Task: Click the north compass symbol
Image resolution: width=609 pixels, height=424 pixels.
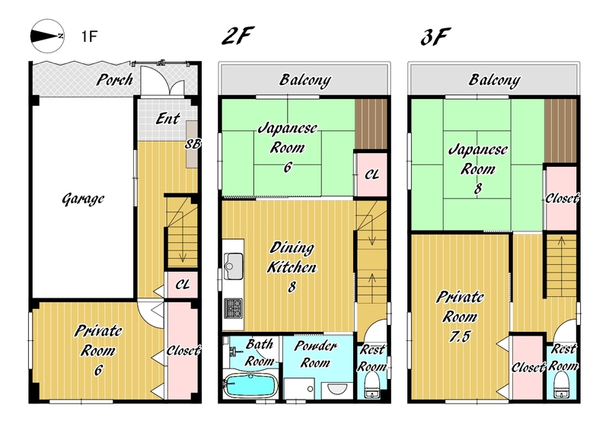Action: click(47, 36)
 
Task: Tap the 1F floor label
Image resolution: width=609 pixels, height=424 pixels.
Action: click(89, 36)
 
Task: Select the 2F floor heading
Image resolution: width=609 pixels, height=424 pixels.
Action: click(238, 36)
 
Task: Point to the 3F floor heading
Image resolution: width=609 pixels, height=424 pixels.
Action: click(435, 37)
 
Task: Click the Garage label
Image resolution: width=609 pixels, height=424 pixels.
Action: click(83, 199)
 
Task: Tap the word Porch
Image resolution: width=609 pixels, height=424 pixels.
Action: click(115, 80)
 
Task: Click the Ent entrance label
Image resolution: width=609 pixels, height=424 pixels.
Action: click(167, 119)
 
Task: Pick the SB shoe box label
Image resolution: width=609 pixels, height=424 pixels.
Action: click(193, 144)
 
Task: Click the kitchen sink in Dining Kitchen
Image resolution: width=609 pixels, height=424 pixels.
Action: click(234, 266)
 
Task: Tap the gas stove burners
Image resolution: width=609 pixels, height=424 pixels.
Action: click(234, 309)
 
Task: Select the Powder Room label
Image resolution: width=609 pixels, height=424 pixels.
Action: click(315, 354)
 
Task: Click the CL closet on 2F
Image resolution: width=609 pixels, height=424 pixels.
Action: click(371, 174)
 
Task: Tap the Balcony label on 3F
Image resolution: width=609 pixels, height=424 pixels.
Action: click(494, 80)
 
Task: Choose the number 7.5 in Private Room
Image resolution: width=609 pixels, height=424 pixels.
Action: click(460, 336)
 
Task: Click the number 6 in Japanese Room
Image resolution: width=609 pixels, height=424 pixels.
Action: click(288, 167)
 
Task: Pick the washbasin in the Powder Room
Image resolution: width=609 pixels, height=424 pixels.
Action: click(336, 389)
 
